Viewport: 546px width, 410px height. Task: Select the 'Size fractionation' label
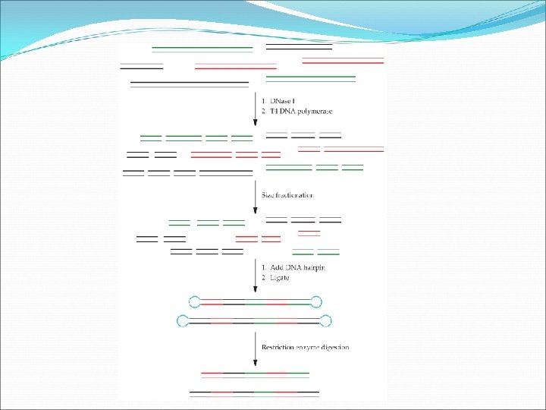(287, 195)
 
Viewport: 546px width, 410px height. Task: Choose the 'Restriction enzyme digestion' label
(305, 347)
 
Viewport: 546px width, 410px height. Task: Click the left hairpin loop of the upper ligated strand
(194, 301)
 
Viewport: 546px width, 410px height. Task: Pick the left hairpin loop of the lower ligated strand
(182, 320)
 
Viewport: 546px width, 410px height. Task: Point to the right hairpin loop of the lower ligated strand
(326, 320)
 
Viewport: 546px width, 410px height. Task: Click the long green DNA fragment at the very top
(202, 49)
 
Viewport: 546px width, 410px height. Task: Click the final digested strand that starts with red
(255, 374)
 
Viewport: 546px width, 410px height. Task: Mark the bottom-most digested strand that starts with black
(255, 393)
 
